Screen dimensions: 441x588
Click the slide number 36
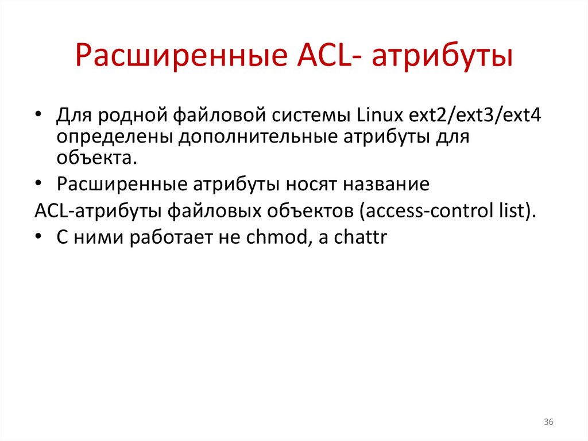(548, 423)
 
